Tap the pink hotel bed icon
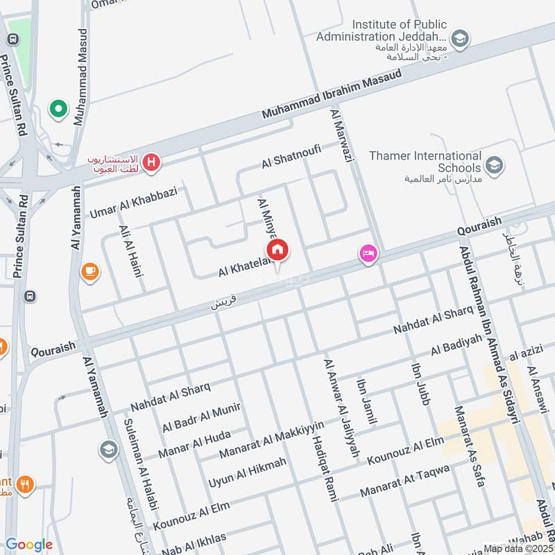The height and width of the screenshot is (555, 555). (368, 254)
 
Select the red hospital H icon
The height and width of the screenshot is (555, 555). (152, 164)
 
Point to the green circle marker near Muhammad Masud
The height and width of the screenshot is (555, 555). (58, 109)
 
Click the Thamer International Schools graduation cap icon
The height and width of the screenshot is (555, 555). (494, 165)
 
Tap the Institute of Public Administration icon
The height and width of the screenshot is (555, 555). (459, 39)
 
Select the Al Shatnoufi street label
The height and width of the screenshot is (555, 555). (291, 157)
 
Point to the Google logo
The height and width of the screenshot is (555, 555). (29, 545)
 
